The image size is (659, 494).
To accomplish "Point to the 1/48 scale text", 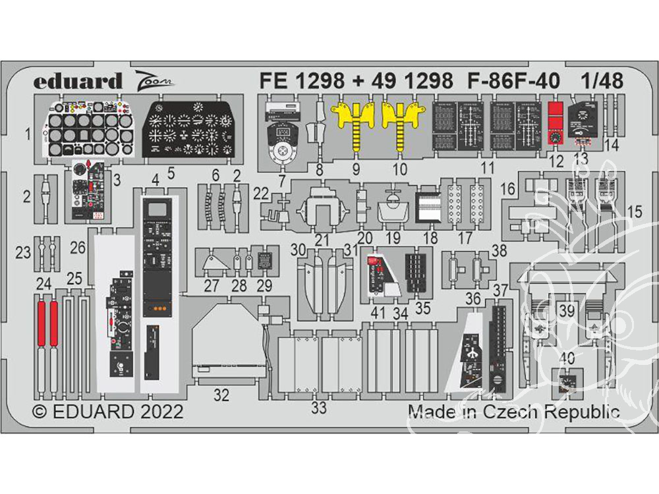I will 602,81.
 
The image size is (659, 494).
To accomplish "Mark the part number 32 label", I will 221,395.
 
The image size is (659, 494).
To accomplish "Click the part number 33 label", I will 319,408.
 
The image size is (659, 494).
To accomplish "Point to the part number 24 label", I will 43,285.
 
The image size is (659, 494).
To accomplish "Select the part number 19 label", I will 393,238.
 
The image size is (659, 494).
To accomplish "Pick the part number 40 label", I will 566,358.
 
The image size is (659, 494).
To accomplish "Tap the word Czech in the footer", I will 503,412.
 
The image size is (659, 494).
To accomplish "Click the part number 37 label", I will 500,290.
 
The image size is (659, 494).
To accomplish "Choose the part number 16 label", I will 507,190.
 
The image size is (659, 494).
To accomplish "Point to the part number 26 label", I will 78,248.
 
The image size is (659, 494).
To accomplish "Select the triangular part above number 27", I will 212,261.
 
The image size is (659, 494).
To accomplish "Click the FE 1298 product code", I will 302,81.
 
